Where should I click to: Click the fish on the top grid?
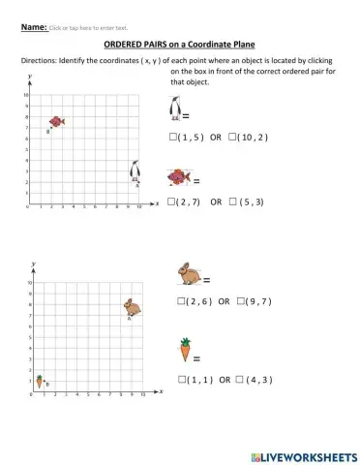tap(58, 121)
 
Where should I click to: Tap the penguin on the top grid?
tap(136, 172)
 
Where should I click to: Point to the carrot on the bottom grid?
tap(40, 381)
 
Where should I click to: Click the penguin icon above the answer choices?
tap(174, 109)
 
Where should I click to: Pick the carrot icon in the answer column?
tap(184, 349)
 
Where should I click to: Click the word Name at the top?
tap(33, 27)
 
